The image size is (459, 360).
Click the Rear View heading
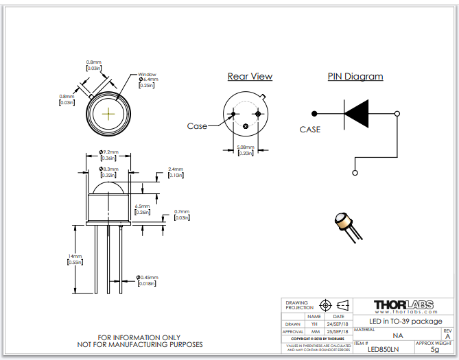tap(250, 76)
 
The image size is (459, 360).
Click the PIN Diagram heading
tap(355, 76)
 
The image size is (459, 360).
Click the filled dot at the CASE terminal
tap(314, 113)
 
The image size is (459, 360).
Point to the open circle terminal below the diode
tap(355, 172)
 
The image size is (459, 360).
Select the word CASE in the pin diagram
tap(310, 129)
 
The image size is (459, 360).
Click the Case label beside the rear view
tap(197, 126)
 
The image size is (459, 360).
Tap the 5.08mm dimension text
tap(245, 147)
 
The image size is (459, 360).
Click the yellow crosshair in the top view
tap(108, 112)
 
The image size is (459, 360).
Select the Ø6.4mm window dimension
tap(149, 80)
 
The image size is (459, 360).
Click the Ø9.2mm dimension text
tap(108, 152)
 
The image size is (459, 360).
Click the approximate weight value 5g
tap(434, 350)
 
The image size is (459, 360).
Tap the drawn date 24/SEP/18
tap(338, 324)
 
